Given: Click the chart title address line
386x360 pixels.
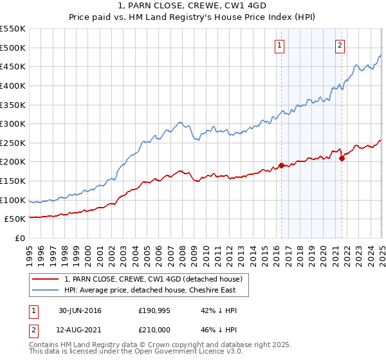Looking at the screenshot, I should click(x=192, y=7).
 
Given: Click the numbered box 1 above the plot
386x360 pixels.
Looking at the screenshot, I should click(x=280, y=45).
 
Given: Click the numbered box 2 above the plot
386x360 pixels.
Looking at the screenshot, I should click(x=340, y=45).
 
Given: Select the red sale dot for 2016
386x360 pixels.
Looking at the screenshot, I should click(x=281, y=165).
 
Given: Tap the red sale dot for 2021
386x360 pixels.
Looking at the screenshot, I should click(x=342, y=159).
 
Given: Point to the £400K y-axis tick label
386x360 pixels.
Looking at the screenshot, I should click(x=13, y=85).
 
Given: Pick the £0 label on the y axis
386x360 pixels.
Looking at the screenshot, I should click(x=19, y=239).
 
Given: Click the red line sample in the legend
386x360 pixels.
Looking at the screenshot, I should click(x=46, y=279).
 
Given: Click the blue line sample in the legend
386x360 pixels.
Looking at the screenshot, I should click(x=46, y=290).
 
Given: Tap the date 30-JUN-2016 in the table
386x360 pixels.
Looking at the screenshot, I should click(x=80, y=310).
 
